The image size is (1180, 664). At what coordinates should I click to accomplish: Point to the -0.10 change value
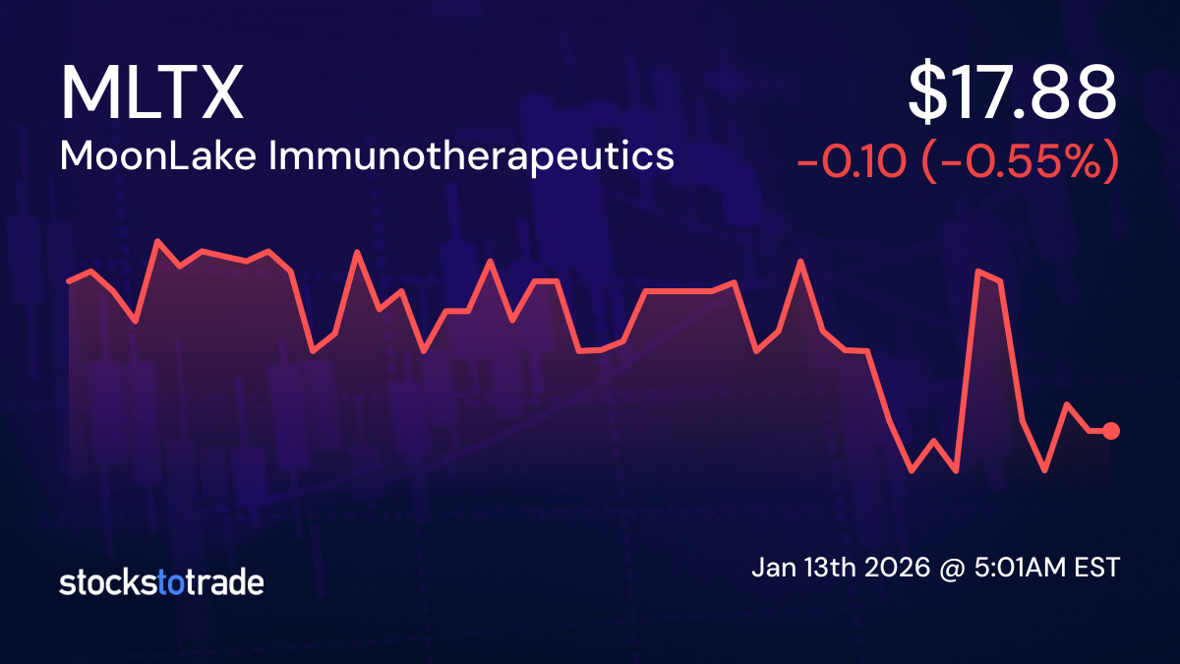pyautogui.click(x=851, y=161)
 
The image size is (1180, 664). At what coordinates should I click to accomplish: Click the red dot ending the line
pyautogui.click(x=1111, y=431)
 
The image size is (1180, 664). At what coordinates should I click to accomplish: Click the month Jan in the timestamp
pyautogui.click(x=773, y=569)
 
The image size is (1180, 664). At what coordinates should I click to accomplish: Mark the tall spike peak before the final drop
pyautogui.click(x=978, y=271)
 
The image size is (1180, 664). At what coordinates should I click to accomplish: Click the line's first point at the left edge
pyautogui.click(x=68, y=281)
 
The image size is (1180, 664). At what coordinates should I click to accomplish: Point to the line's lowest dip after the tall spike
pyautogui.click(x=1044, y=471)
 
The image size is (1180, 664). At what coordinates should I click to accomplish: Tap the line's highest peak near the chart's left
pyautogui.click(x=157, y=240)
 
